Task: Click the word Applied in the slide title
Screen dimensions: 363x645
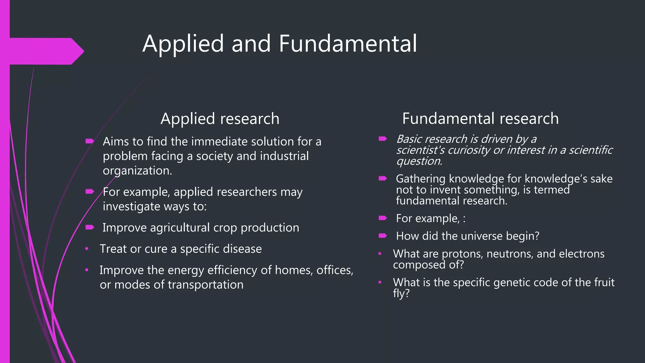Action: [183, 44]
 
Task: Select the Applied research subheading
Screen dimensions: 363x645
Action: [220, 119]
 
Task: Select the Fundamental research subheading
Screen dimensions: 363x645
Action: [480, 119]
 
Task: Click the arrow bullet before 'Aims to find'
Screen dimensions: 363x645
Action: [90, 141]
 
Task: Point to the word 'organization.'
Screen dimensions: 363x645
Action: [137, 171]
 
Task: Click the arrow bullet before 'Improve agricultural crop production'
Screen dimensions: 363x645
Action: [90, 227]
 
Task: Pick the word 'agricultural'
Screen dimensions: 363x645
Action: [180, 228]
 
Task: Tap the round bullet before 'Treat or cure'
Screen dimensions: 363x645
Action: [87, 249]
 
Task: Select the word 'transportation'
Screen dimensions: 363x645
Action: [205, 285]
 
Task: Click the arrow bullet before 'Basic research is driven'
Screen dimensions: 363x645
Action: [383, 139]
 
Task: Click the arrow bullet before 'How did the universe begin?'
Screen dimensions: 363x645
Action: [383, 236]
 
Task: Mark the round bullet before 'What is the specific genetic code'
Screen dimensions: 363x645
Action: [380, 282]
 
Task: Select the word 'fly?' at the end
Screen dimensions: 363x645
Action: [401, 294]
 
